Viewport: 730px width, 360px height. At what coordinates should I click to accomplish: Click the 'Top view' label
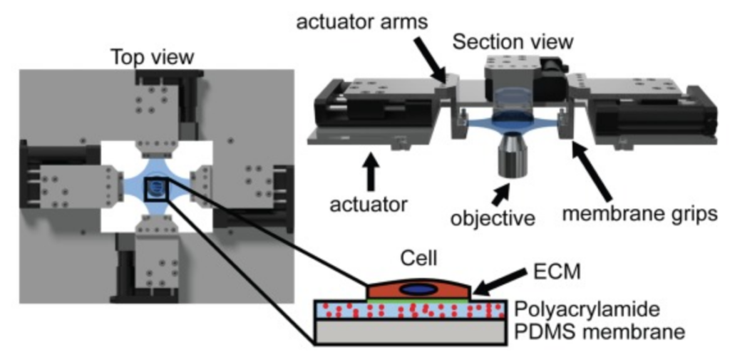(x=152, y=57)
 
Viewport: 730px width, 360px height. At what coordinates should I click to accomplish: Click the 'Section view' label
(x=513, y=41)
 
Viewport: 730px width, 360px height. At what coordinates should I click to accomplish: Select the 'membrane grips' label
(x=646, y=214)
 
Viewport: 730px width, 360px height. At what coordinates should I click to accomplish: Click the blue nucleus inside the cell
(x=418, y=289)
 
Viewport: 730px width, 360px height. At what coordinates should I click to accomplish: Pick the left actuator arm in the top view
(x=71, y=187)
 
